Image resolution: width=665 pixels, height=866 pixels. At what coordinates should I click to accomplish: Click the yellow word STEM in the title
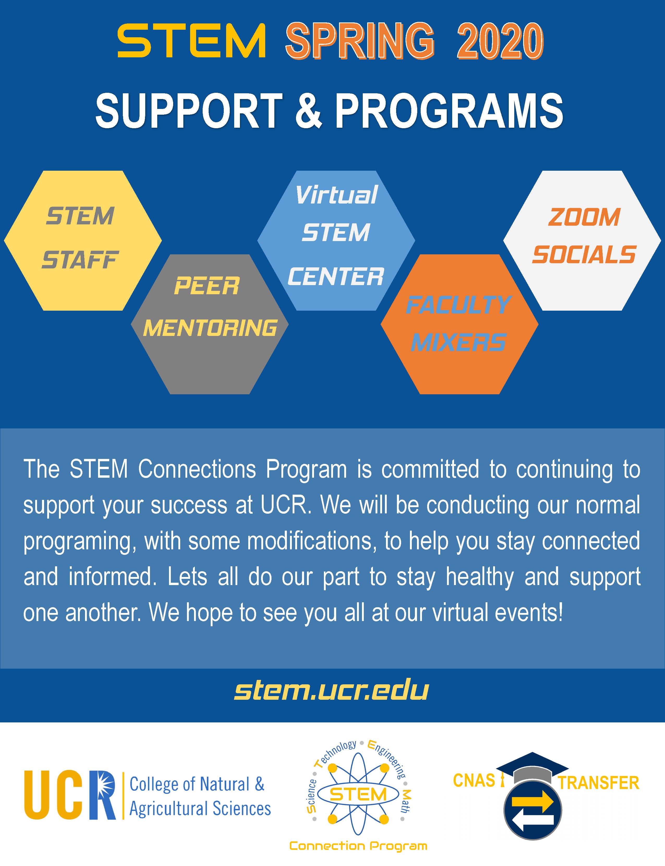[191, 40]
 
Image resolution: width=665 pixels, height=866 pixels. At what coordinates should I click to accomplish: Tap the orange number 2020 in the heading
[500, 41]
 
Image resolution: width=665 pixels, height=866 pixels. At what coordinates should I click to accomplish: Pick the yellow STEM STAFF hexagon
[83, 241]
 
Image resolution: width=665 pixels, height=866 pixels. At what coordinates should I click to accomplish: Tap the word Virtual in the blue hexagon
[336, 195]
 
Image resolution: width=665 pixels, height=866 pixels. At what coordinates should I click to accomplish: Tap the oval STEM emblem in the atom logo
[358, 794]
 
